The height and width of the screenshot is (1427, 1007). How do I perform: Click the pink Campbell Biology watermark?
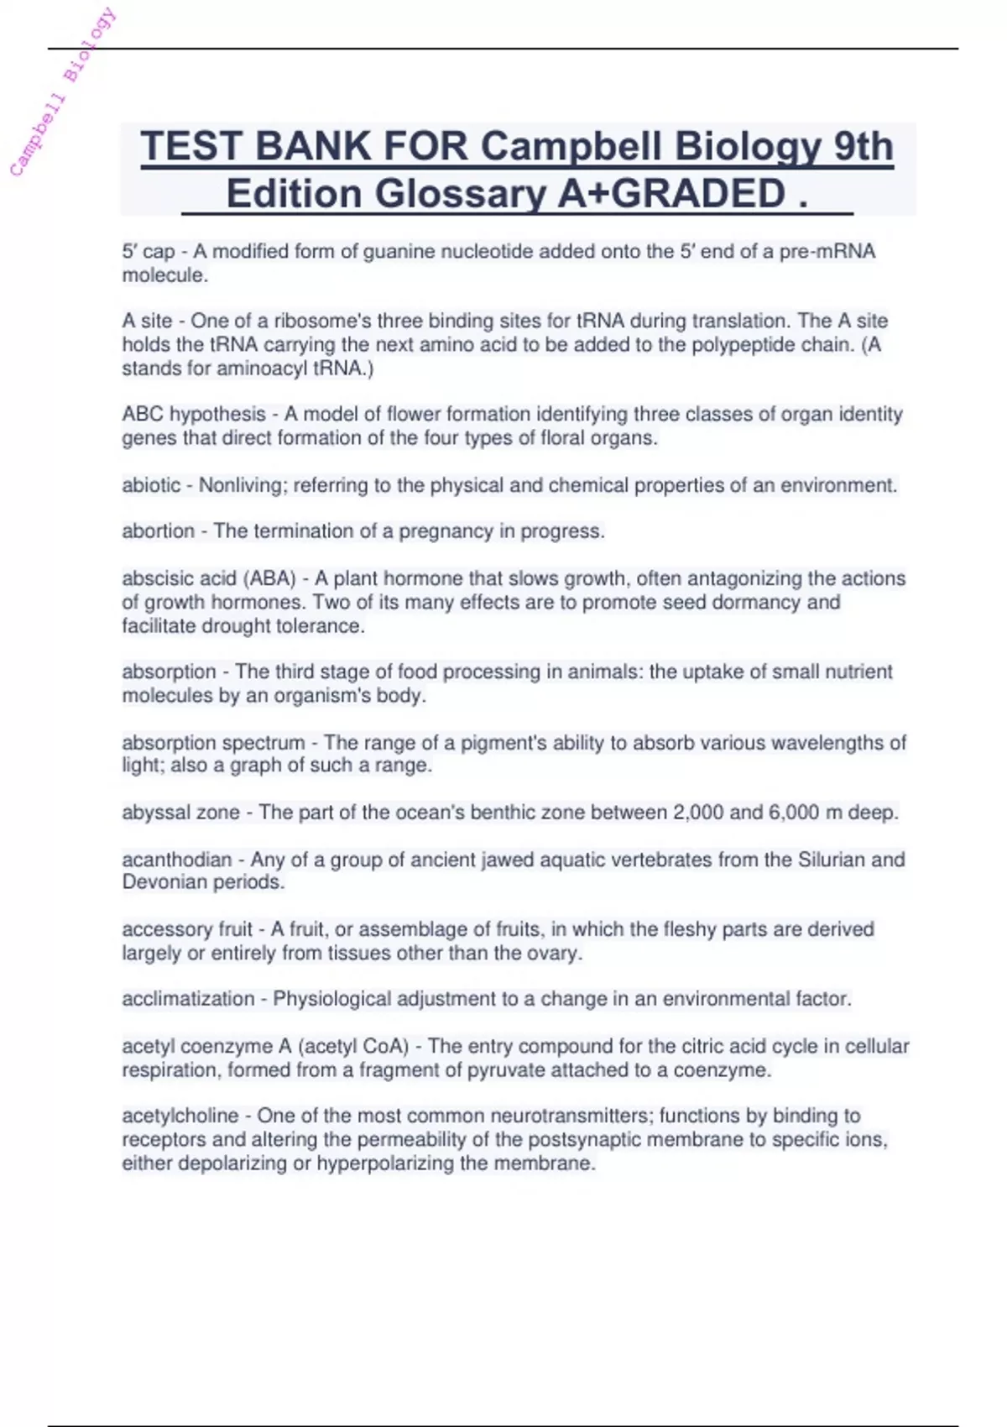tap(63, 92)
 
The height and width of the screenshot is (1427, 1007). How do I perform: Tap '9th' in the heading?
tap(864, 146)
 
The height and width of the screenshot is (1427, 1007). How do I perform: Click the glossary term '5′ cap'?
tap(149, 252)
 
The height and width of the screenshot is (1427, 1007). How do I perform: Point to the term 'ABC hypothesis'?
tap(194, 414)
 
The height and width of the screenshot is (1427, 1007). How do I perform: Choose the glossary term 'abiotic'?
tap(151, 485)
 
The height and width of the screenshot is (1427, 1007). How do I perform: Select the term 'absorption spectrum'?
tap(213, 743)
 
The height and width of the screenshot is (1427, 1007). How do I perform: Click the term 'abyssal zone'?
tap(180, 813)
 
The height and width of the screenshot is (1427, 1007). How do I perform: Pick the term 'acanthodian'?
tap(176, 860)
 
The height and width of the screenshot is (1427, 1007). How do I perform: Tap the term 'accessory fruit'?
tap(187, 929)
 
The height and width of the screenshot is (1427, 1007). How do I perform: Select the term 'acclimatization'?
tap(188, 999)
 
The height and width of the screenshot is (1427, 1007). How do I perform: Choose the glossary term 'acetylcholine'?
tap(180, 1116)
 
